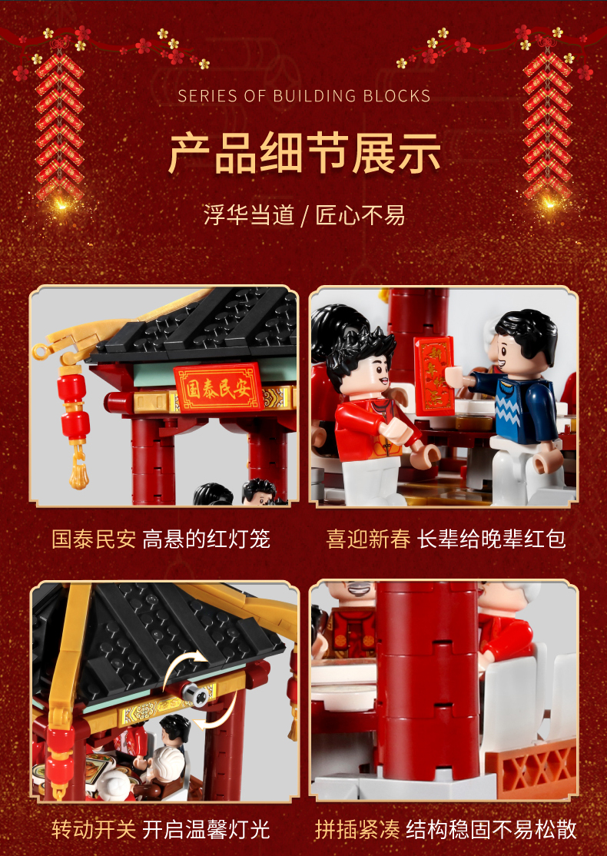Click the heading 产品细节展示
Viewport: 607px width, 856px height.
click(304, 153)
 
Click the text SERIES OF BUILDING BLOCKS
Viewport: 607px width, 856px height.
click(304, 96)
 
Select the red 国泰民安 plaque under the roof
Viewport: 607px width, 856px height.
click(218, 387)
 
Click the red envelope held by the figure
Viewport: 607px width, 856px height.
click(435, 375)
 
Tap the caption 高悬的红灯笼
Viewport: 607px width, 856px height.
click(207, 540)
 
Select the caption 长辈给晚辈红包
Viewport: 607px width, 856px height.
click(491, 540)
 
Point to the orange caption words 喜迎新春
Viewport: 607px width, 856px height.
click(369, 540)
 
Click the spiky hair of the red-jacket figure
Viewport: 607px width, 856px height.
click(360, 350)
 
